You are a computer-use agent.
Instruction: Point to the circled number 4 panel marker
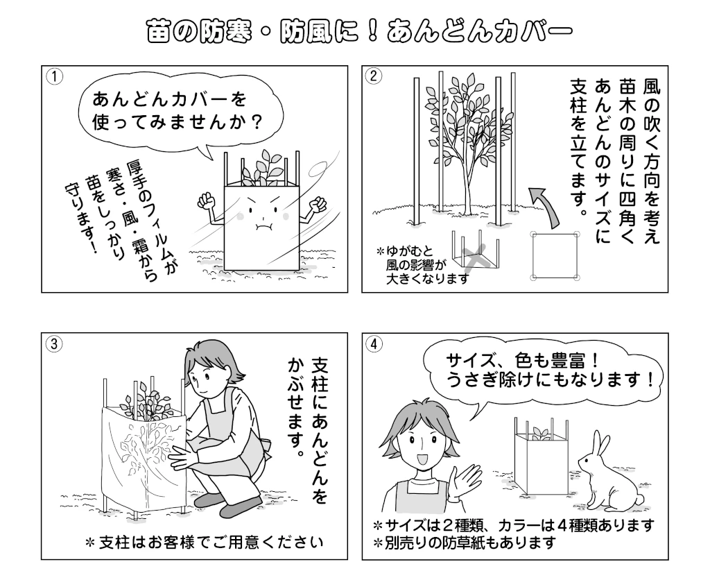(374, 343)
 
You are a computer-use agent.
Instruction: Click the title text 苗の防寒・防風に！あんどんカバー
(355, 32)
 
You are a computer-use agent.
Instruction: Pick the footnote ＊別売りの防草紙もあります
(465, 541)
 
